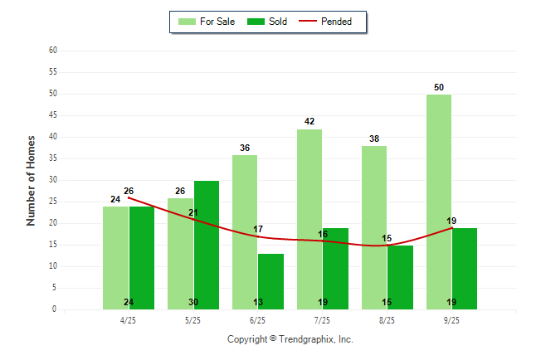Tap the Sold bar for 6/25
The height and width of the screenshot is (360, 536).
270,281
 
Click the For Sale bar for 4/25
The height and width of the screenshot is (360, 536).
115,257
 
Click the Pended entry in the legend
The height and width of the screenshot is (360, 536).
332,22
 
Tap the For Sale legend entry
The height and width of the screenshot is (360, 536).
207,22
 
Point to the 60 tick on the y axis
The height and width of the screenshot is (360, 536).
52,51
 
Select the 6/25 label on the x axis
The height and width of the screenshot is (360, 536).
257,320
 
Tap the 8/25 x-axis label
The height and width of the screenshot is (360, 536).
387,320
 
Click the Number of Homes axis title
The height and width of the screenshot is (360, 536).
32,180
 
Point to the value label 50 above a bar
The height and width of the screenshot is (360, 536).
439,87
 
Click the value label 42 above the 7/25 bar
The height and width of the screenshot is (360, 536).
309,122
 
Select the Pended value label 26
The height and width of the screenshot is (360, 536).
129,191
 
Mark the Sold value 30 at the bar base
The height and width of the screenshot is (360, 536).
193,302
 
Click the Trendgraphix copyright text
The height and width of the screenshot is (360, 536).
290,339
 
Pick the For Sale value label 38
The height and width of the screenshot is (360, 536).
374,139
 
